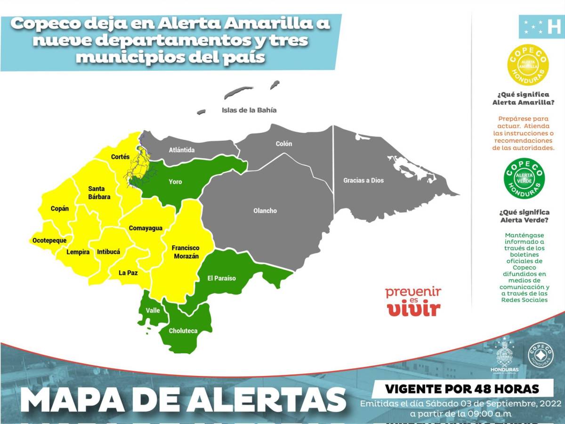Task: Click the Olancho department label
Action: tap(265, 211)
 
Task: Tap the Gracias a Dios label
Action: tap(363, 180)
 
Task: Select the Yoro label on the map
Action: tap(175, 182)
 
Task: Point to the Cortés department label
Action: tap(120, 157)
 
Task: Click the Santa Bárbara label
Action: tap(99, 193)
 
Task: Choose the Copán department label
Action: tap(60, 209)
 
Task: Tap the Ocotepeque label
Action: tap(49, 240)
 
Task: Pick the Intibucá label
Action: tap(108, 252)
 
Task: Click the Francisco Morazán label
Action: tap(185, 252)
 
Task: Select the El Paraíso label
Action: tap(221, 278)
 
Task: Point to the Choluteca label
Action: tap(183, 331)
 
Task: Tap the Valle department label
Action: tap(153, 310)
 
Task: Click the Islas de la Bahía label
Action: tap(249, 110)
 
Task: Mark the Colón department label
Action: tap(284, 144)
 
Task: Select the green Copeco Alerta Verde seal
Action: tap(524, 179)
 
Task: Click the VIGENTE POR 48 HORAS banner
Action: tap(462, 389)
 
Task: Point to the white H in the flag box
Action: tap(554, 27)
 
